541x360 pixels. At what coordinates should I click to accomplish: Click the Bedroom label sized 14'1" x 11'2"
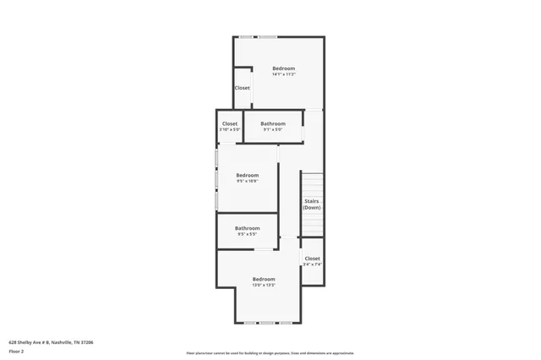coord(283,68)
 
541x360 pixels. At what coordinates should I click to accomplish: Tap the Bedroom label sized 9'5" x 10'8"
coord(247,175)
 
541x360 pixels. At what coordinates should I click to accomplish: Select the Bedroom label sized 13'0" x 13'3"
coord(264,279)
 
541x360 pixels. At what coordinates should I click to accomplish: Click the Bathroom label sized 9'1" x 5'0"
coord(272,123)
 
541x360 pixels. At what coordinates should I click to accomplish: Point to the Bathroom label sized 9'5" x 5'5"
coord(247,228)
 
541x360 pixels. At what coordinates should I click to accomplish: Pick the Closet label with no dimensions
coord(242,88)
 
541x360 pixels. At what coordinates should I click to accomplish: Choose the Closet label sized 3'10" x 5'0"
coord(230,123)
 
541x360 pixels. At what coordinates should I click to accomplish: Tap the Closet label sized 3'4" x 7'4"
coord(312,259)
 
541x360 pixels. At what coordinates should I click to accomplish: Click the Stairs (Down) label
coord(312,204)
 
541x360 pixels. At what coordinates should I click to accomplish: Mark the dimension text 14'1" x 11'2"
coord(283,74)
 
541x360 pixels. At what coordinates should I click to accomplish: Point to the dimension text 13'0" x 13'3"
coord(264,285)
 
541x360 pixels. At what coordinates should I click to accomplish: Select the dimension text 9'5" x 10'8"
coord(247,181)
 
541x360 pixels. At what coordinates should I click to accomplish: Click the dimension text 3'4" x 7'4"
coord(312,265)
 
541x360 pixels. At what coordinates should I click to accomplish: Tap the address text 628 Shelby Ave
coord(51,342)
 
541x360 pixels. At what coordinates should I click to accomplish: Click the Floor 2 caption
coord(16,350)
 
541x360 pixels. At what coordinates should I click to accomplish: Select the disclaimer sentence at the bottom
coord(270,353)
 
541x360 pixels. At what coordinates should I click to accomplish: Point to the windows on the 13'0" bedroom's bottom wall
coord(267,323)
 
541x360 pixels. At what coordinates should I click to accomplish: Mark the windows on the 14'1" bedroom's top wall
coord(258,36)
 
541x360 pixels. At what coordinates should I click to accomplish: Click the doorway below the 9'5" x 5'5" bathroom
coord(264,249)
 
